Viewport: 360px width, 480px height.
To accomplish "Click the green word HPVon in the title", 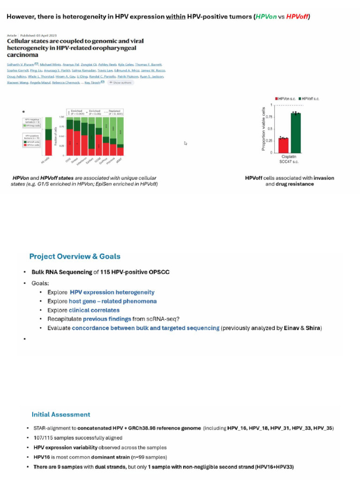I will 265,17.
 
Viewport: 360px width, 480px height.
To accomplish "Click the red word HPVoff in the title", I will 297,17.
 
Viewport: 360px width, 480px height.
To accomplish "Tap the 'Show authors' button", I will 121,82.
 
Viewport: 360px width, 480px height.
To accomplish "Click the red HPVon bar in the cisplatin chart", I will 283,145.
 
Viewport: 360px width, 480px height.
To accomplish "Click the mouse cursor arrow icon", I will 186,143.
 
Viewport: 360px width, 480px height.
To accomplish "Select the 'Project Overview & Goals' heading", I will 75,256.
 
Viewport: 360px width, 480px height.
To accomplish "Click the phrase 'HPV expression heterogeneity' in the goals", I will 112,292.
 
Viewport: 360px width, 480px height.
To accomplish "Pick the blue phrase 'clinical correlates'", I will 94,310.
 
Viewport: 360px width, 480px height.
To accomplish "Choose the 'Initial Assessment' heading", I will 61,414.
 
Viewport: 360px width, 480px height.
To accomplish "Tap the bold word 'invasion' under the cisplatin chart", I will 324,178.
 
